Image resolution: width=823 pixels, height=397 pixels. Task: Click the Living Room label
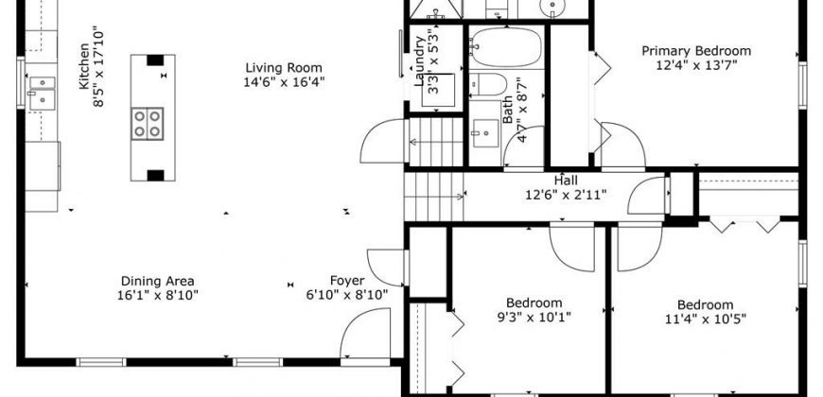pos(284,68)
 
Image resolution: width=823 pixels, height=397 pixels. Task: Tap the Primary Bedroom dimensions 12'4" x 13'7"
pos(696,65)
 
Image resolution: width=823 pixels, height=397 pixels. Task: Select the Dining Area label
pos(157,281)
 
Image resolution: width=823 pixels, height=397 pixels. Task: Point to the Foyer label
pos(347,281)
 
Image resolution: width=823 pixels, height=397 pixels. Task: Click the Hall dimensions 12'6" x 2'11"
pos(567,195)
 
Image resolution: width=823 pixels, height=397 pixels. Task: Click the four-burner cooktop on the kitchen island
pos(147,123)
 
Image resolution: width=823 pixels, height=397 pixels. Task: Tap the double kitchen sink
pos(42,93)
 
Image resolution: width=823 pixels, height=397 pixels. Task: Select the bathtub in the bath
pos(505,46)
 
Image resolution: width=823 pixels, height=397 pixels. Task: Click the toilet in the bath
pos(488,84)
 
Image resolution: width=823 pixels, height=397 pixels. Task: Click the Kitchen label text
pos(84,66)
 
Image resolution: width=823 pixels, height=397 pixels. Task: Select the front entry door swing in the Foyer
pos(365,333)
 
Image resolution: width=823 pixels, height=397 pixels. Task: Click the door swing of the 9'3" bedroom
pos(572,247)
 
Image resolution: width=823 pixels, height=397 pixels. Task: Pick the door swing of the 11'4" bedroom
pos(640,247)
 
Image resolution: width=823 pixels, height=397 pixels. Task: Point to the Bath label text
pos(508,109)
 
